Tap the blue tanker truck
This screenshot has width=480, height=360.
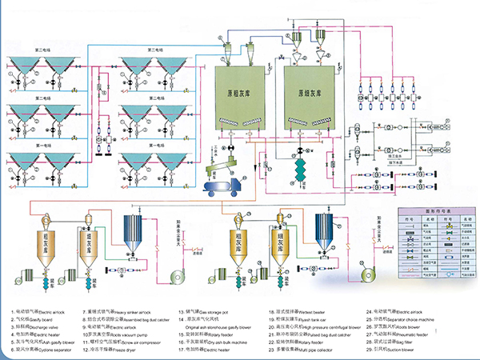click(217, 190)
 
